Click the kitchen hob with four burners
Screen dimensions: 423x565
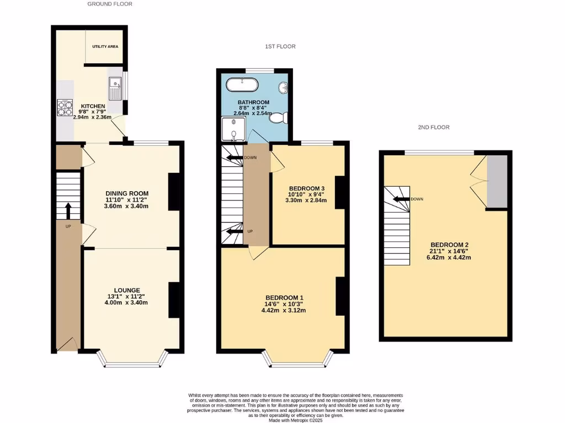[65, 107]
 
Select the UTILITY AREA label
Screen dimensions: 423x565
[105, 47]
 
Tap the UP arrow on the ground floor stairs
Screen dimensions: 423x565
[68, 211]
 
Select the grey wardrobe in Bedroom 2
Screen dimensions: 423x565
[497, 181]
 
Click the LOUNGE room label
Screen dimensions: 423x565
[127, 290]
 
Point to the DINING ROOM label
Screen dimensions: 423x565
[127, 193]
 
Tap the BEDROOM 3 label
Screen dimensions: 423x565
[307, 188]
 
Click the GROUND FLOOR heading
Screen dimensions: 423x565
[110, 4]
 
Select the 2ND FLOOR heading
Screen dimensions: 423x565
[433, 127]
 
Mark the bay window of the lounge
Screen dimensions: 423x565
[132, 361]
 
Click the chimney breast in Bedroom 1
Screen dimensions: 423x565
[340, 296]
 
